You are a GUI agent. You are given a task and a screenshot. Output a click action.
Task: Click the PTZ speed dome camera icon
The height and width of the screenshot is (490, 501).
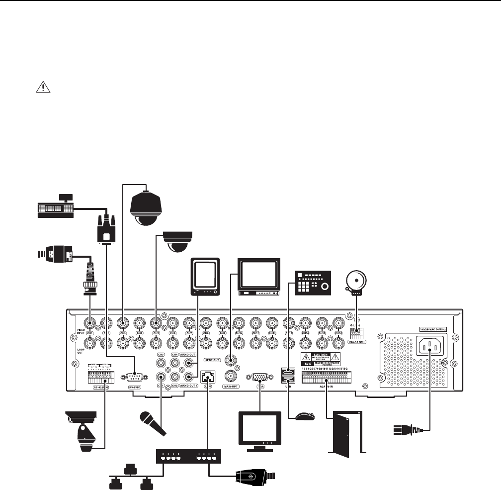coord(146,209)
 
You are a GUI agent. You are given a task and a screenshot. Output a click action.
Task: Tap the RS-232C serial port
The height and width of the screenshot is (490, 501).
coord(135,377)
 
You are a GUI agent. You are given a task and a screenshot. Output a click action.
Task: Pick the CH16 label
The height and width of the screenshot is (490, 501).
coord(339,333)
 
